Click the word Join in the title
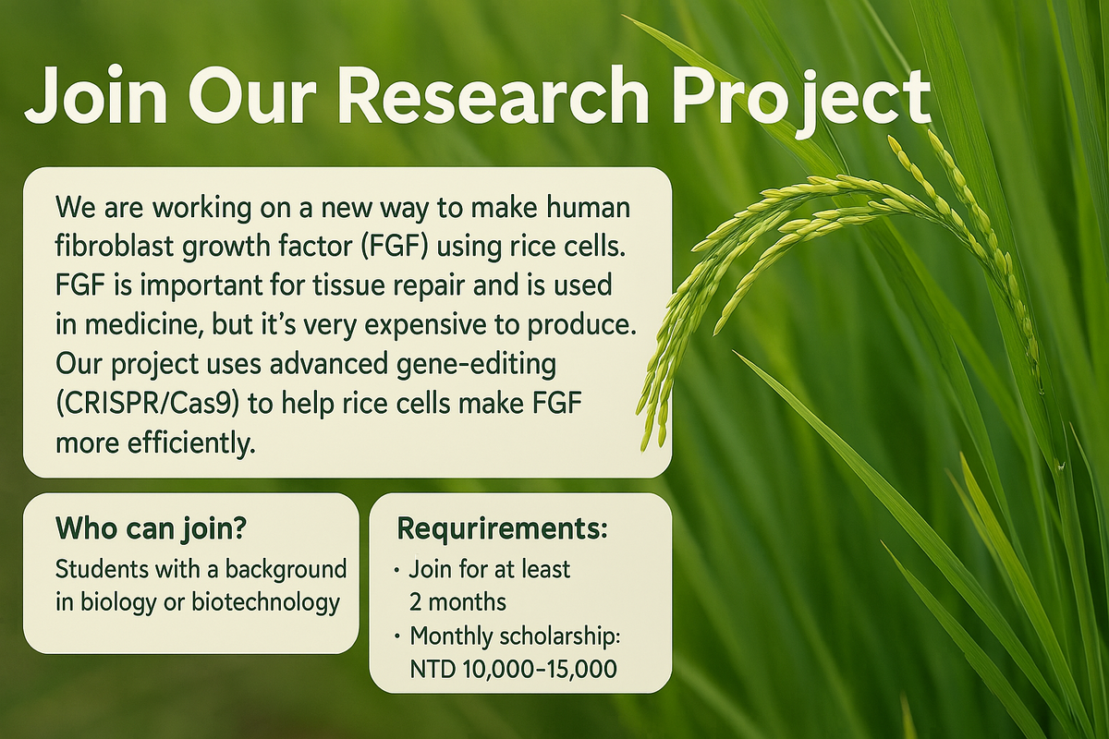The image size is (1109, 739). pyautogui.click(x=95, y=96)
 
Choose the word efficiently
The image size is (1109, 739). pyautogui.click(x=191, y=443)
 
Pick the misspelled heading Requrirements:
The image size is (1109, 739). pyautogui.click(x=502, y=530)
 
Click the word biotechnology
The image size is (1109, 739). pyautogui.click(x=265, y=603)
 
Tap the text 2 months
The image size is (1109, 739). pyautogui.click(x=458, y=603)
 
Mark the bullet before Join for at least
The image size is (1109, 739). pyautogui.click(x=397, y=571)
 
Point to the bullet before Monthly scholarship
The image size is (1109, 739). pyautogui.click(x=397, y=637)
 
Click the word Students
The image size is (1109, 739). pyautogui.click(x=102, y=569)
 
